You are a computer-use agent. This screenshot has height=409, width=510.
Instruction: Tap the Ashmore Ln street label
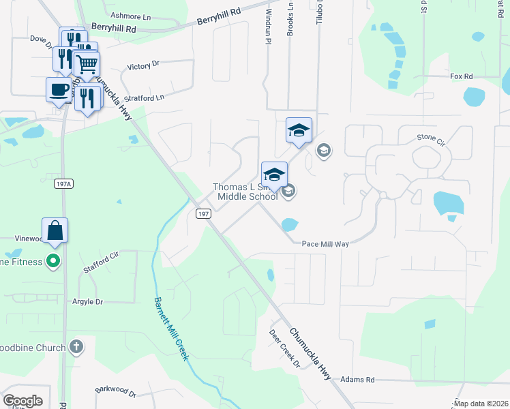[x=130, y=15]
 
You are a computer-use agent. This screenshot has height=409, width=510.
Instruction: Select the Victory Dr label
[x=143, y=65]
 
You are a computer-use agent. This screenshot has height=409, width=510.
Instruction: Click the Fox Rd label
[x=462, y=76]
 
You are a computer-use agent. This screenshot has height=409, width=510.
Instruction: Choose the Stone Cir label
[x=430, y=138]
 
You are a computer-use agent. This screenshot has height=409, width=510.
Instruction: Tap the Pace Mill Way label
[x=325, y=243]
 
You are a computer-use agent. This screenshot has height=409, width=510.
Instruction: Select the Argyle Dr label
[x=87, y=301]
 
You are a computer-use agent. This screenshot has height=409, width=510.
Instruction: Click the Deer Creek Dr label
[x=284, y=349]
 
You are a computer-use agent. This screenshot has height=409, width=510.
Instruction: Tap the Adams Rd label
[x=357, y=379]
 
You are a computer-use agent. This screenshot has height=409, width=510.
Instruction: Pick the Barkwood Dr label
[x=116, y=392]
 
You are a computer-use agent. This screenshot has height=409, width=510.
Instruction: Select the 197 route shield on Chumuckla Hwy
[x=202, y=213]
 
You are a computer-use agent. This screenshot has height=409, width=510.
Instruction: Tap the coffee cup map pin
[x=59, y=89]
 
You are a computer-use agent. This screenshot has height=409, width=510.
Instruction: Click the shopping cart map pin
[x=87, y=65]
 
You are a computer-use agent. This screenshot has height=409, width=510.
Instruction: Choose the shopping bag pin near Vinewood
[x=55, y=230]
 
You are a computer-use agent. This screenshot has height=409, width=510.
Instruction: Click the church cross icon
[x=76, y=346]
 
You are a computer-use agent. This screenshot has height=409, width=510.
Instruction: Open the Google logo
[x=22, y=401]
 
